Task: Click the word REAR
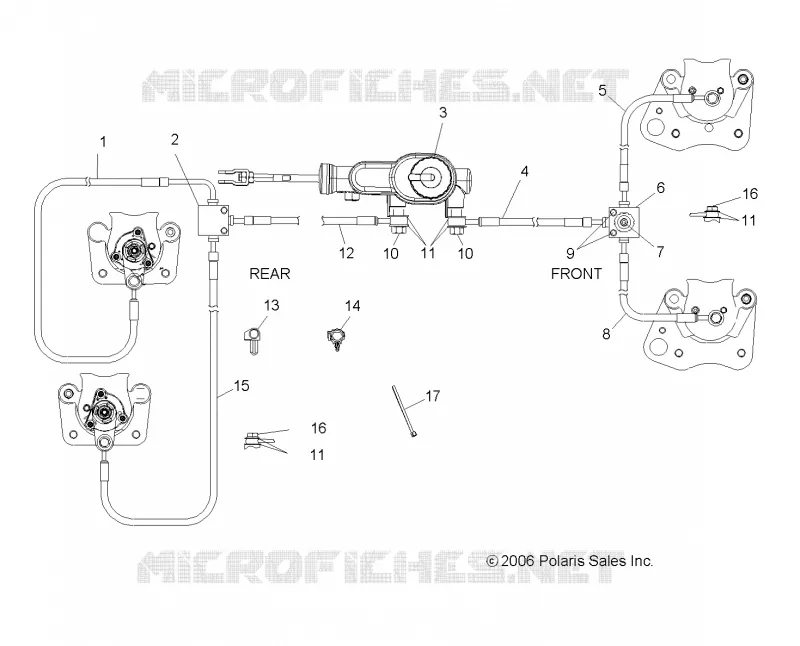269,274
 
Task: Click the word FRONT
576,274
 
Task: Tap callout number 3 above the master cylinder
443,112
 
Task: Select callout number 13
271,305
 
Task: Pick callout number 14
352,306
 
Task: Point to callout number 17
433,396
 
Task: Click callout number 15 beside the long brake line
241,385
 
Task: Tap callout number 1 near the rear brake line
104,141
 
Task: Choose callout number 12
346,253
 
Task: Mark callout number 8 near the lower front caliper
606,334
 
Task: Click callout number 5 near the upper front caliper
603,91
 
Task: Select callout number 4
524,171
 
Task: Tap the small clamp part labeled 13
252,339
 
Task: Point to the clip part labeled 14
336,338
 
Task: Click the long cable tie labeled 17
404,411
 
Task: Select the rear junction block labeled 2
213,219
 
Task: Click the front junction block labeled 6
623,222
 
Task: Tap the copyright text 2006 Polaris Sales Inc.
569,561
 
